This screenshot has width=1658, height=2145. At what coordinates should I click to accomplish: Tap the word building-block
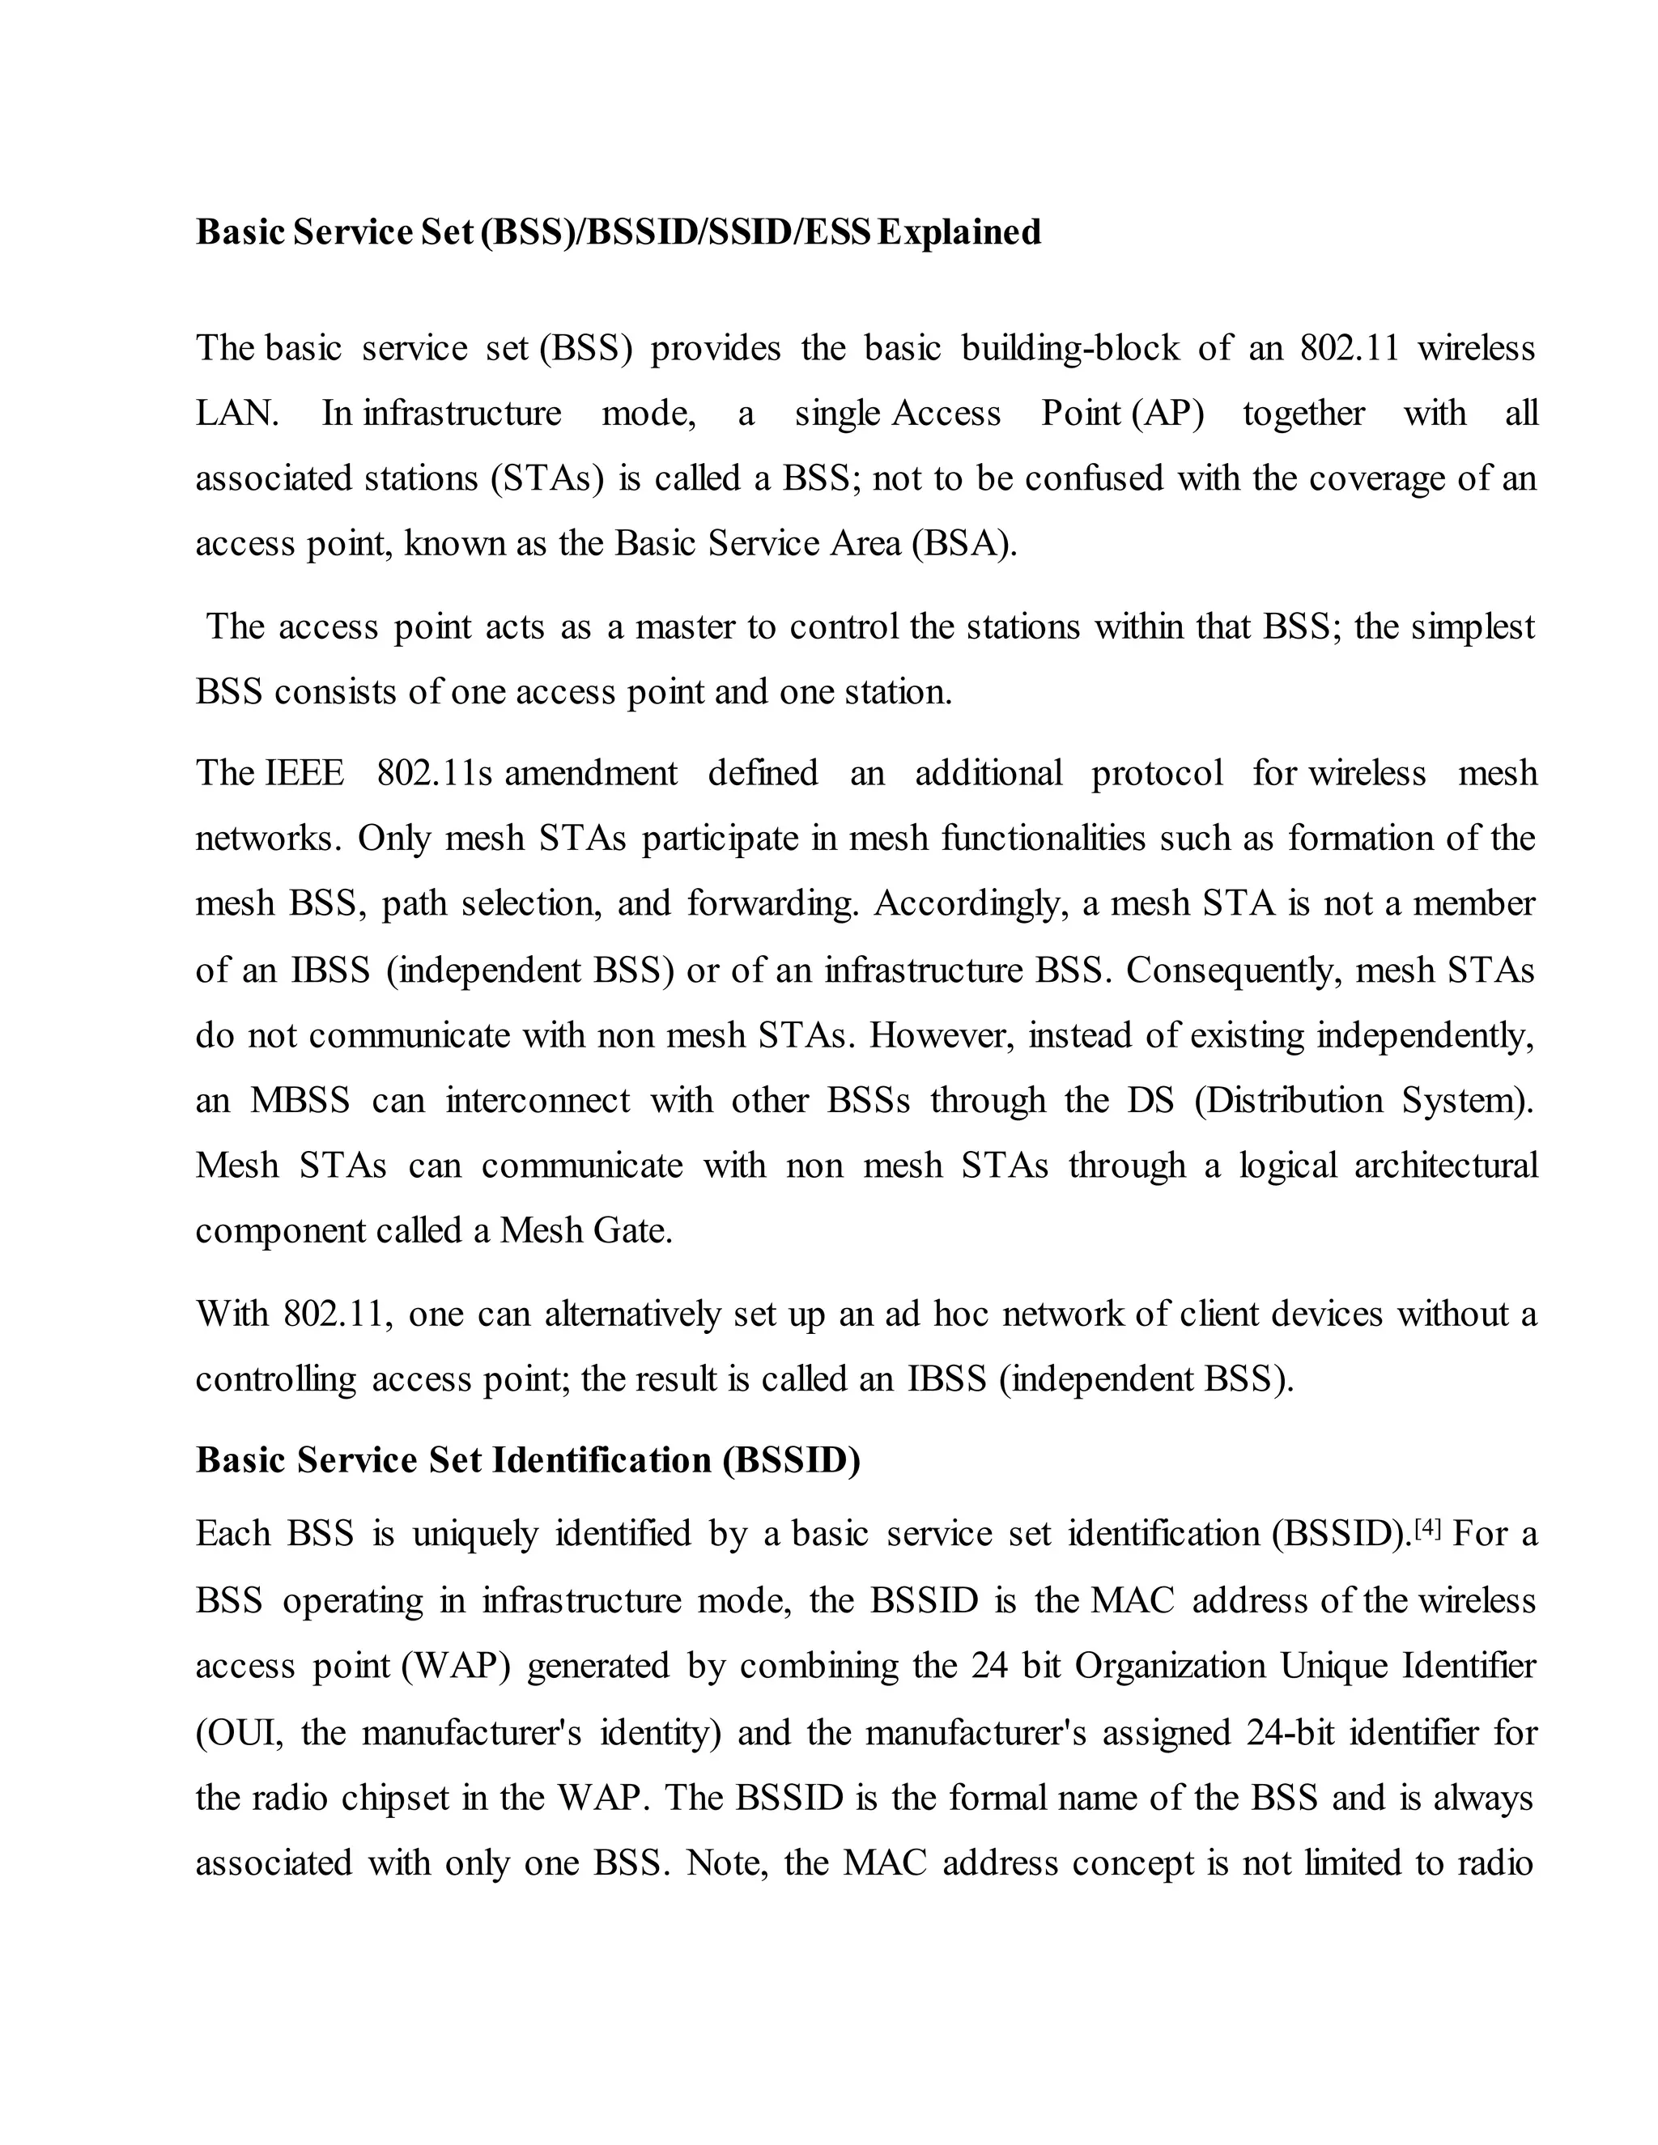click(x=1069, y=349)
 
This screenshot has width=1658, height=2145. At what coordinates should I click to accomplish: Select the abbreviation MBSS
click(x=300, y=1100)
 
